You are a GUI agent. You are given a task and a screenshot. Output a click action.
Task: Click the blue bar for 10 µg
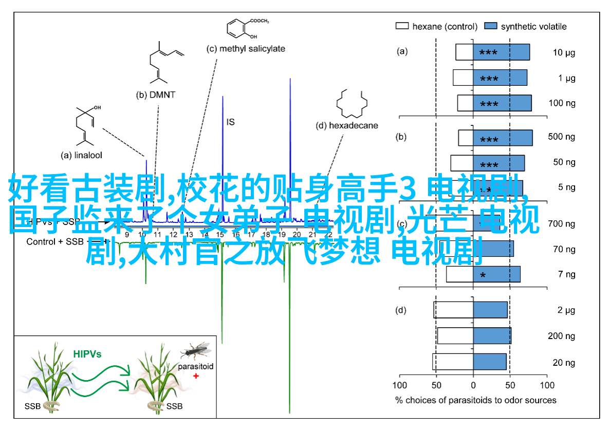click(501, 52)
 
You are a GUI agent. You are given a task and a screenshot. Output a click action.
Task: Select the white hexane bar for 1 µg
click(463, 78)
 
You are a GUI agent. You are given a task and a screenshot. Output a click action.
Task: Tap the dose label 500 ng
click(562, 137)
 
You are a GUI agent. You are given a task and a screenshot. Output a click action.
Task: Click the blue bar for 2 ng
click(490, 310)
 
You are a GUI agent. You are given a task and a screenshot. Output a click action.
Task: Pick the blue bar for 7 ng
click(496, 274)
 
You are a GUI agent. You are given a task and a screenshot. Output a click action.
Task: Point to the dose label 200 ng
click(562, 335)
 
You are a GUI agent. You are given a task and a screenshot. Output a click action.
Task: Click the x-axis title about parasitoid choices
click(475, 400)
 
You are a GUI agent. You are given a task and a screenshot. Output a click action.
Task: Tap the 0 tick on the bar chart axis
click(473, 384)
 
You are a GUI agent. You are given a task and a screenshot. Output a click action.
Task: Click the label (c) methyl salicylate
click(246, 49)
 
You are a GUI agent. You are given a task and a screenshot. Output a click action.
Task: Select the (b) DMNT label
click(156, 95)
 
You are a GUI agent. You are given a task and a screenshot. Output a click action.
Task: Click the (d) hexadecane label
click(346, 125)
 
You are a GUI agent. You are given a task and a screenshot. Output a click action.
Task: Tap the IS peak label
click(230, 122)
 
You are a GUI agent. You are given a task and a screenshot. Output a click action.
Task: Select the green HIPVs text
click(87, 354)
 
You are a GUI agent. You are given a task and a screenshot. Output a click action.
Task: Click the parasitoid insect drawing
click(196, 351)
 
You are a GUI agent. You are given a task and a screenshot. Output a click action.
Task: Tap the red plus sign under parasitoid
click(196, 376)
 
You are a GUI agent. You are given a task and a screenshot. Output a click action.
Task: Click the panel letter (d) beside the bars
click(401, 310)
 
